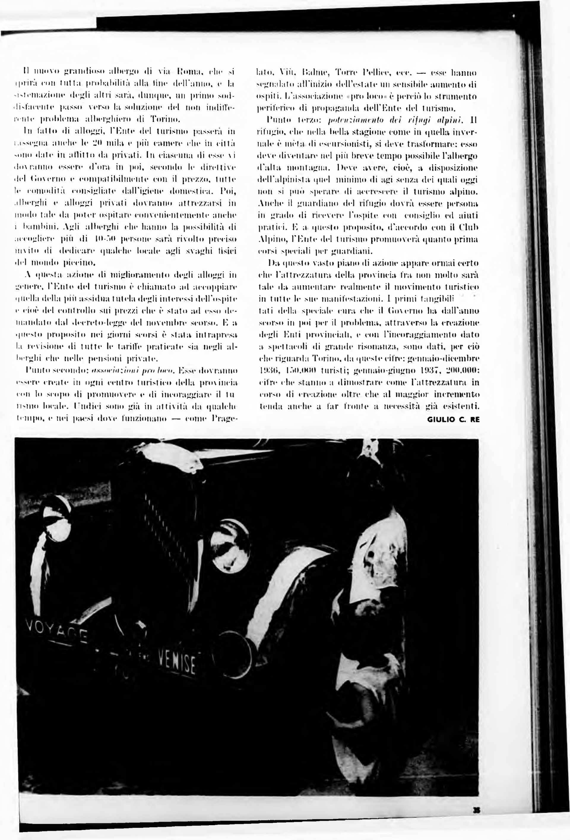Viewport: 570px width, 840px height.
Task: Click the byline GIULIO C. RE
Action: click(453, 420)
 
